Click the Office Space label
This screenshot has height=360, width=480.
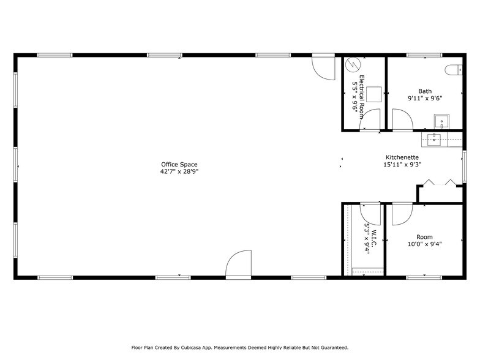[x=179, y=164]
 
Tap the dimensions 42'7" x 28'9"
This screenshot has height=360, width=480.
[x=179, y=172]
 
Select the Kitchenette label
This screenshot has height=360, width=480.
[x=402, y=157]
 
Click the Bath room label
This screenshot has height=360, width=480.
[x=424, y=91]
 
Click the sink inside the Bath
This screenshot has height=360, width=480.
[x=441, y=121]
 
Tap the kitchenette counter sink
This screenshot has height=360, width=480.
[x=435, y=138]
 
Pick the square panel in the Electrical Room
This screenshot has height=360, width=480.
[x=374, y=93]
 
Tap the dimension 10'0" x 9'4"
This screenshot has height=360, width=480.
[x=424, y=244]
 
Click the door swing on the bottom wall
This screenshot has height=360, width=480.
[x=239, y=264]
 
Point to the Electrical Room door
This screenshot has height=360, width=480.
[x=370, y=122]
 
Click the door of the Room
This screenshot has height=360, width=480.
[x=402, y=214]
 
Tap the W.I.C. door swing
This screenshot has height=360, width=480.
[x=370, y=214]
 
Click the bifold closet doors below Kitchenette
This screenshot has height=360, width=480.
[x=439, y=183]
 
